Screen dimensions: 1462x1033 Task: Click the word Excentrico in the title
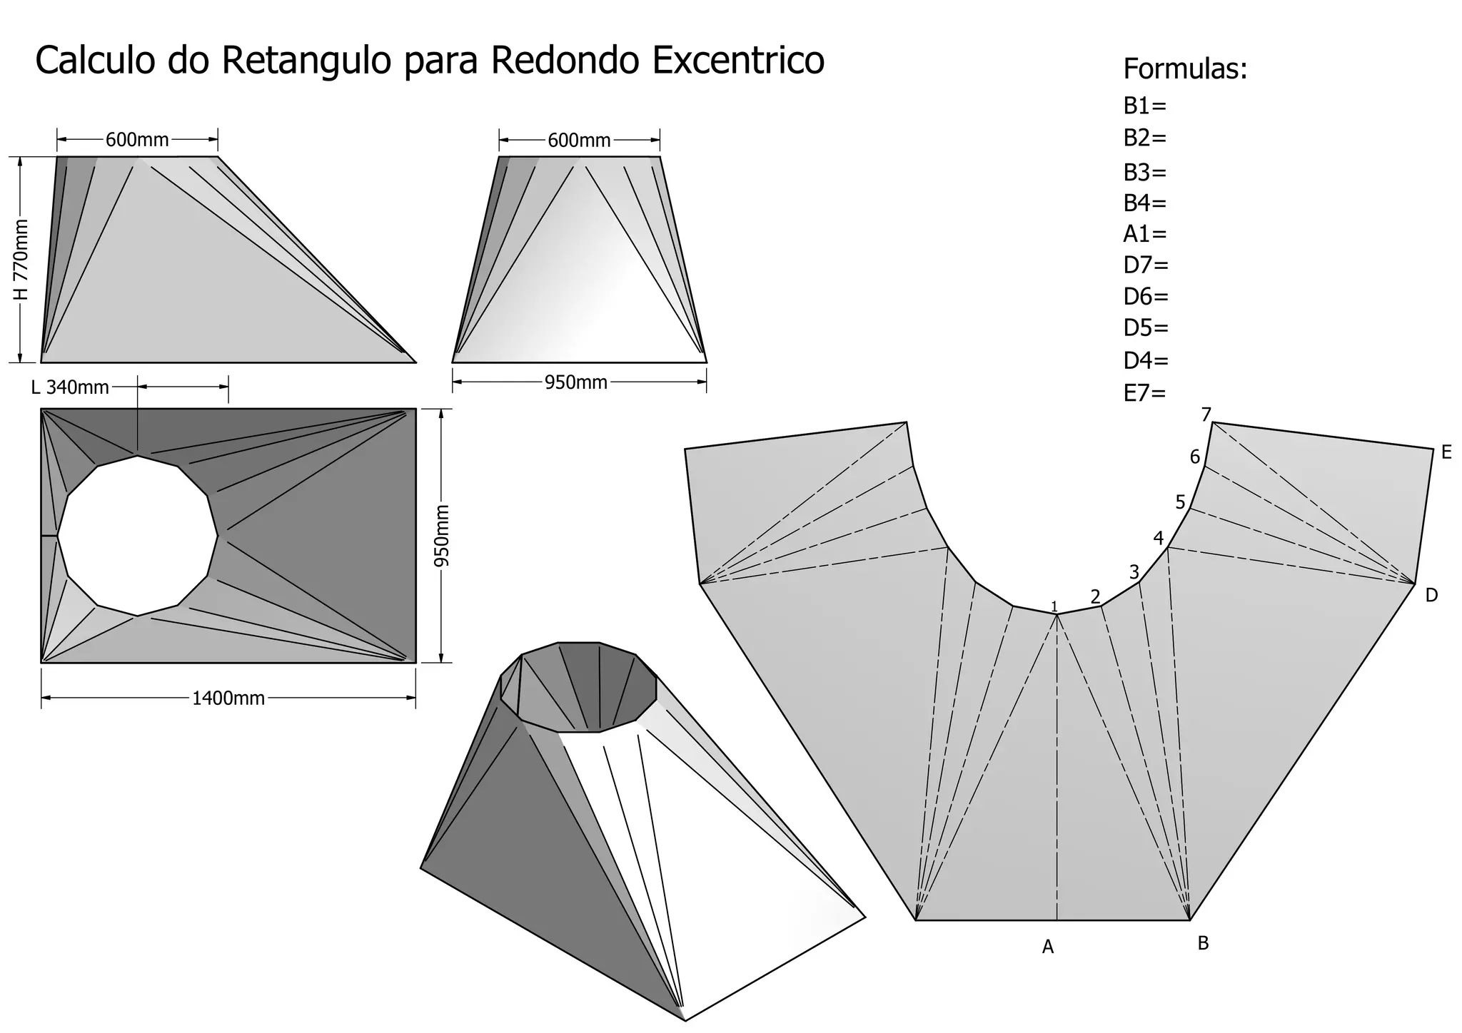point(738,60)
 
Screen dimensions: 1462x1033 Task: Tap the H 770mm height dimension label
point(21,260)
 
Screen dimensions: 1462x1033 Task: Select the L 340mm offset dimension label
point(70,387)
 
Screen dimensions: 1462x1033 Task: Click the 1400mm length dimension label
point(228,698)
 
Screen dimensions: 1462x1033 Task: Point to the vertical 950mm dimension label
point(443,536)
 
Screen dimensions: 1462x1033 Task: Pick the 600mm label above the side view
point(137,140)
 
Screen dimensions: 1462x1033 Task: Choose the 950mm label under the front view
point(575,383)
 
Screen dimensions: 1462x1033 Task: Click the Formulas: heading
point(1185,69)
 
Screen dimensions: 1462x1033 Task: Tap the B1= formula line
point(1144,106)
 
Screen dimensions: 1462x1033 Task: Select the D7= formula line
point(1146,265)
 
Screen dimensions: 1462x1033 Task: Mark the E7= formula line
point(1144,392)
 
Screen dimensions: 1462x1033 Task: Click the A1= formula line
point(1144,233)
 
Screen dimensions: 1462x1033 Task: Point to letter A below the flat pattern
point(1047,947)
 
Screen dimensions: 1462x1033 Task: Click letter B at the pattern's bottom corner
point(1203,943)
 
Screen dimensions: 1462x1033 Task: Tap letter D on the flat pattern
point(1431,595)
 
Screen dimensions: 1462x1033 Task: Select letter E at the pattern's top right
point(1446,452)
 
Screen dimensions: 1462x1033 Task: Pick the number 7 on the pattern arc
point(1206,414)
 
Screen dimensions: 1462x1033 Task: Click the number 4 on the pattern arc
point(1159,539)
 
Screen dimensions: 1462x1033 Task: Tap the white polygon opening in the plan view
point(138,535)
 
